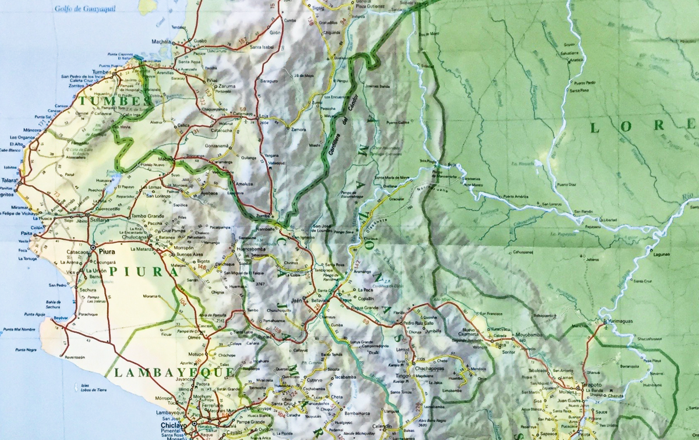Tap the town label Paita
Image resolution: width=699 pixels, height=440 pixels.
click(26, 233)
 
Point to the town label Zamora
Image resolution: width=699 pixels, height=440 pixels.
click(298, 129)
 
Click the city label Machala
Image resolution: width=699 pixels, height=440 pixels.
click(161, 42)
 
